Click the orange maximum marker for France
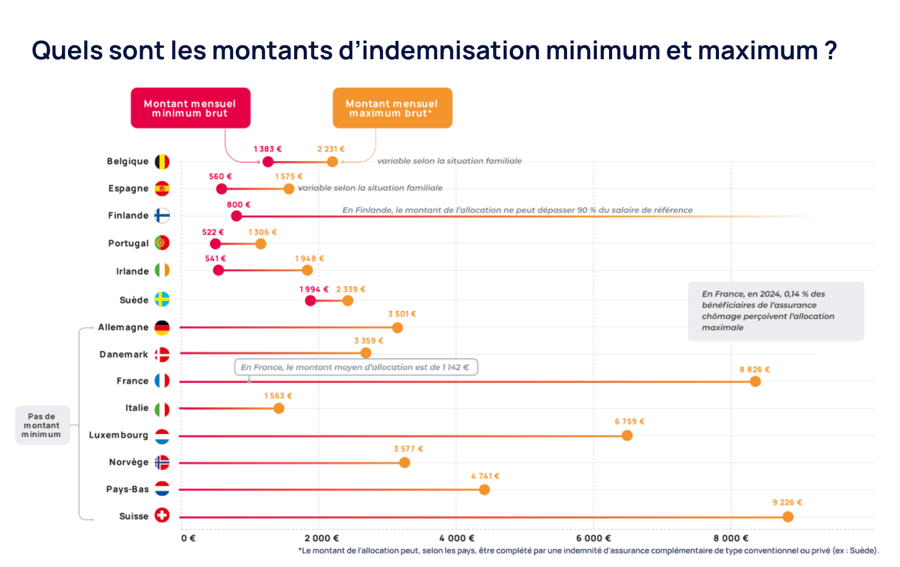(x=755, y=381)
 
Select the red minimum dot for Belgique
(x=268, y=162)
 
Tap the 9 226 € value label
(x=787, y=503)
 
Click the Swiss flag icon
(x=162, y=515)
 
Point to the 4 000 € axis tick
(x=457, y=538)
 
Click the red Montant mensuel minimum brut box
(x=190, y=108)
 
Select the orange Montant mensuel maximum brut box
(x=392, y=108)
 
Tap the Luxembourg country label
(x=118, y=435)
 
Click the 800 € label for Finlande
(x=238, y=205)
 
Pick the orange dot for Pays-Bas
(x=484, y=490)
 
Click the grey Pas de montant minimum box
(x=42, y=426)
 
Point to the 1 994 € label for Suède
(x=313, y=289)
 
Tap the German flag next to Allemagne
(x=162, y=327)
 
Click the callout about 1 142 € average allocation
(x=355, y=367)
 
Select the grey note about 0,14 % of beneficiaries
(x=775, y=311)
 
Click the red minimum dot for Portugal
(x=215, y=244)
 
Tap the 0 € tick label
(x=188, y=538)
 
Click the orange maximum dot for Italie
(x=279, y=408)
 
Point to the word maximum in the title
(x=758, y=51)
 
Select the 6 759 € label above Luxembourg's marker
(x=629, y=421)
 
